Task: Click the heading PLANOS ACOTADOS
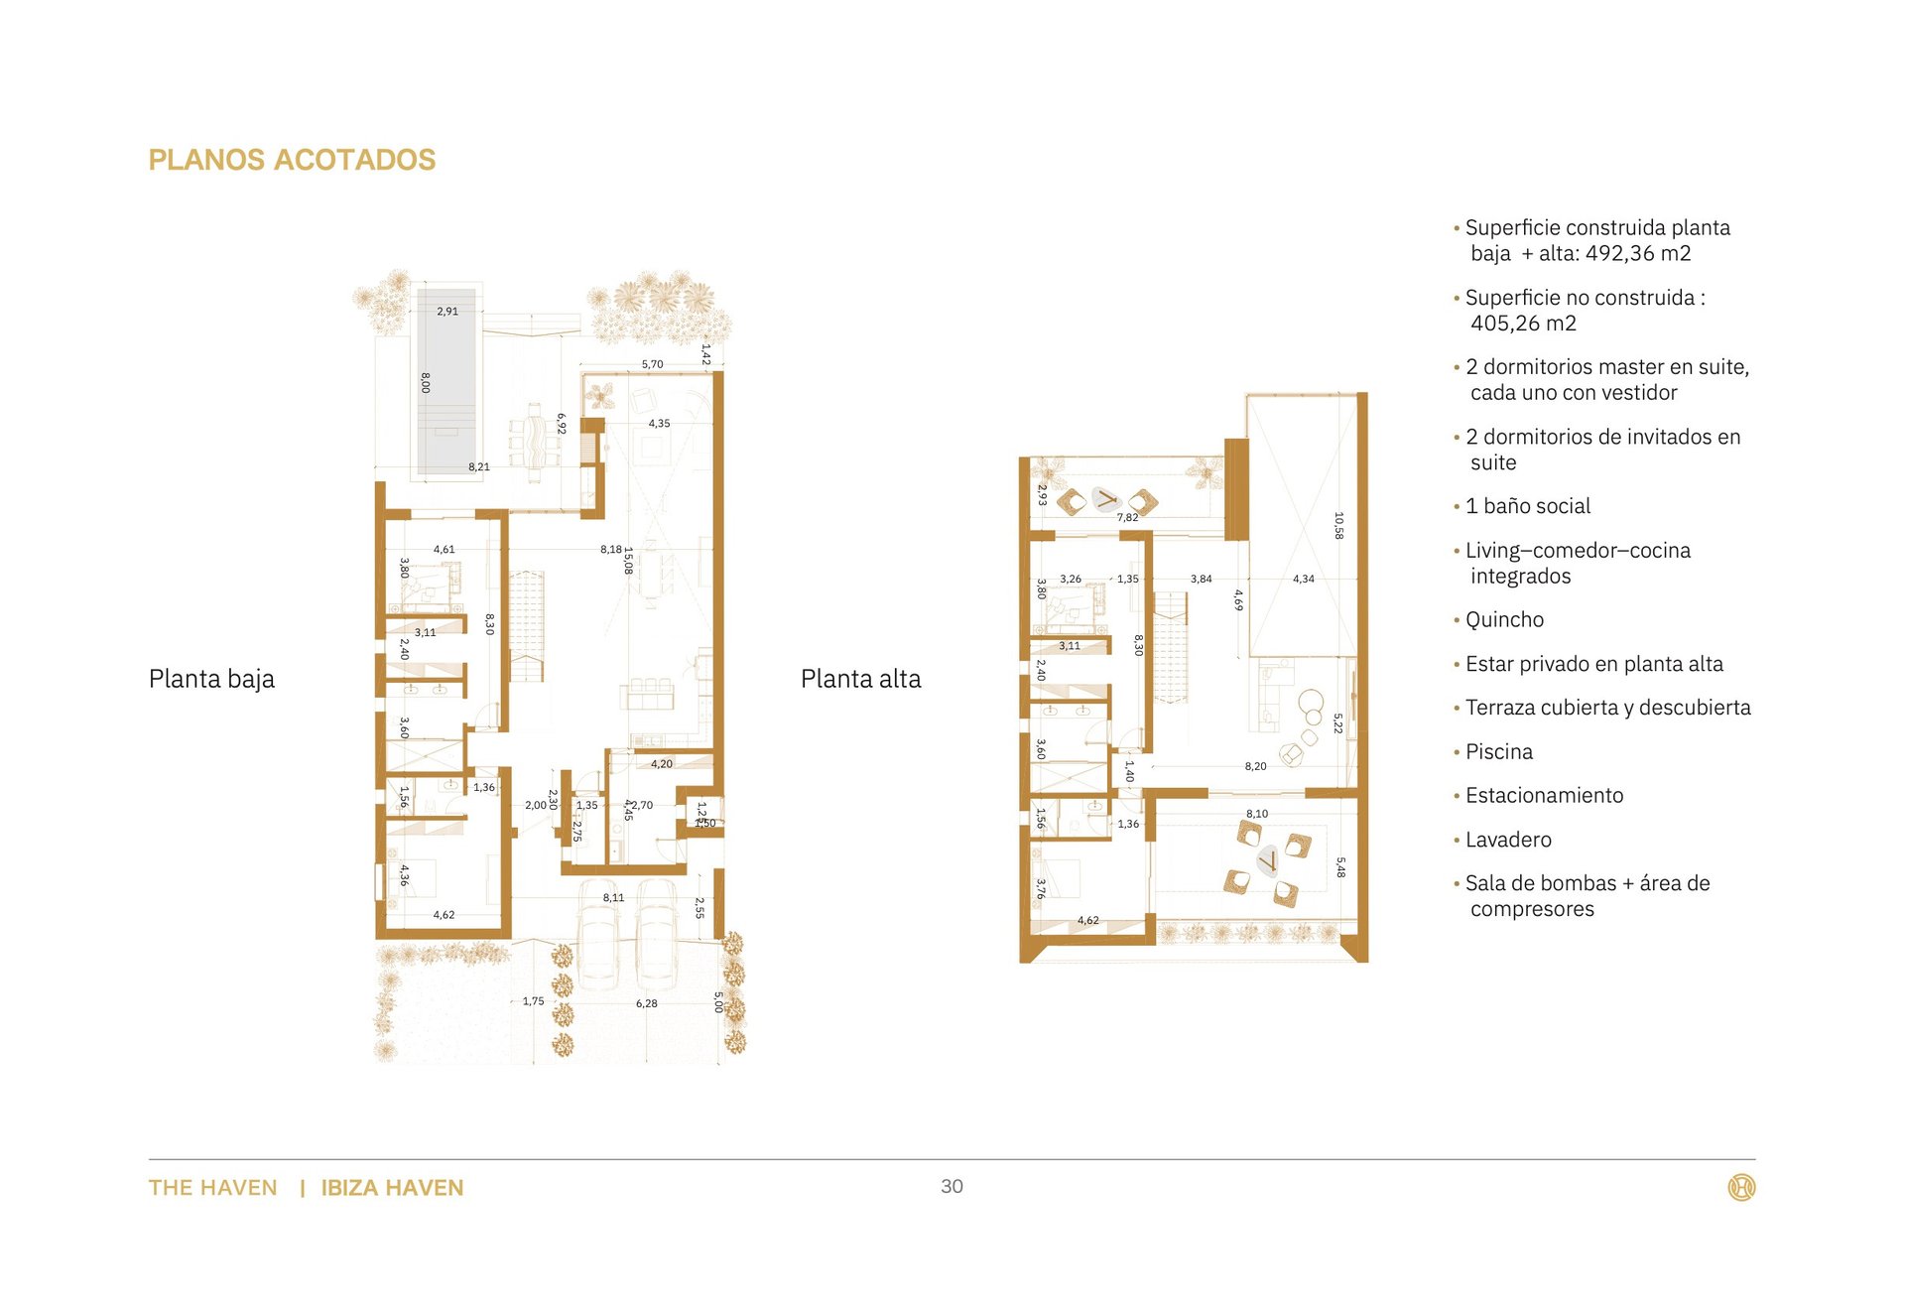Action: [x=292, y=160]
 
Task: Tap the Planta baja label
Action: [x=211, y=679]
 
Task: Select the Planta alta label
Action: [x=860, y=679]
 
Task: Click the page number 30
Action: [x=952, y=1186]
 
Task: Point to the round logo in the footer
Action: [x=1741, y=1187]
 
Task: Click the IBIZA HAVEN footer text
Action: [x=392, y=1188]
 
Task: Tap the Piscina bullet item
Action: [x=1498, y=752]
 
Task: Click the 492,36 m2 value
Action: [x=1638, y=253]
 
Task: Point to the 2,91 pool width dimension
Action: [x=447, y=311]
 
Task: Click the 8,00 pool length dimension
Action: [x=426, y=382]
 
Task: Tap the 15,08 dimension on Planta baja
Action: [x=628, y=561]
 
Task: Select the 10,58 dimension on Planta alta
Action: [x=1338, y=526]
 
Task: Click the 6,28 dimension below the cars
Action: [x=646, y=1003]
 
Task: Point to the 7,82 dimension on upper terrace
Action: [x=1127, y=517]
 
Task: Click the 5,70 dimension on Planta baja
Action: [x=652, y=364]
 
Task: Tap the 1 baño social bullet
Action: [x=1527, y=506]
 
